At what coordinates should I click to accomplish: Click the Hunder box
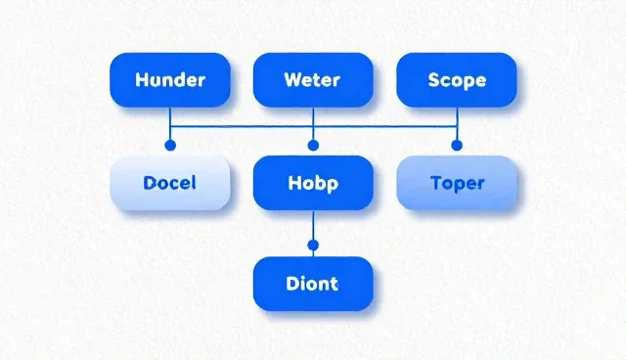170,80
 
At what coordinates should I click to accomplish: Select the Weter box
313,80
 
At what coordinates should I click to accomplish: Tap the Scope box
457,80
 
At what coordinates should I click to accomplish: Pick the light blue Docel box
170,183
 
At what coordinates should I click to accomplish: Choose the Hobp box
313,183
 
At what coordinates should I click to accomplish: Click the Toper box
457,183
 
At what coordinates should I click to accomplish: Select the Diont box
313,284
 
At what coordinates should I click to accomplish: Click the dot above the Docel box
170,146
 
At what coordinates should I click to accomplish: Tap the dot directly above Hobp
313,146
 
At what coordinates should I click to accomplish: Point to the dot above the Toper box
457,146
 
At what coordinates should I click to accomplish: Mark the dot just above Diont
313,246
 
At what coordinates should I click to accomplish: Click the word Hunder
170,80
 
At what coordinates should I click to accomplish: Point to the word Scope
457,80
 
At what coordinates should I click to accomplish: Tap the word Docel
169,183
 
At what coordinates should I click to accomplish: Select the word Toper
458,184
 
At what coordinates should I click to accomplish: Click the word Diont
312,284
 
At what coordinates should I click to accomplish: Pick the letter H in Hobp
293,183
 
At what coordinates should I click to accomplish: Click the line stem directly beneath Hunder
170,123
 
